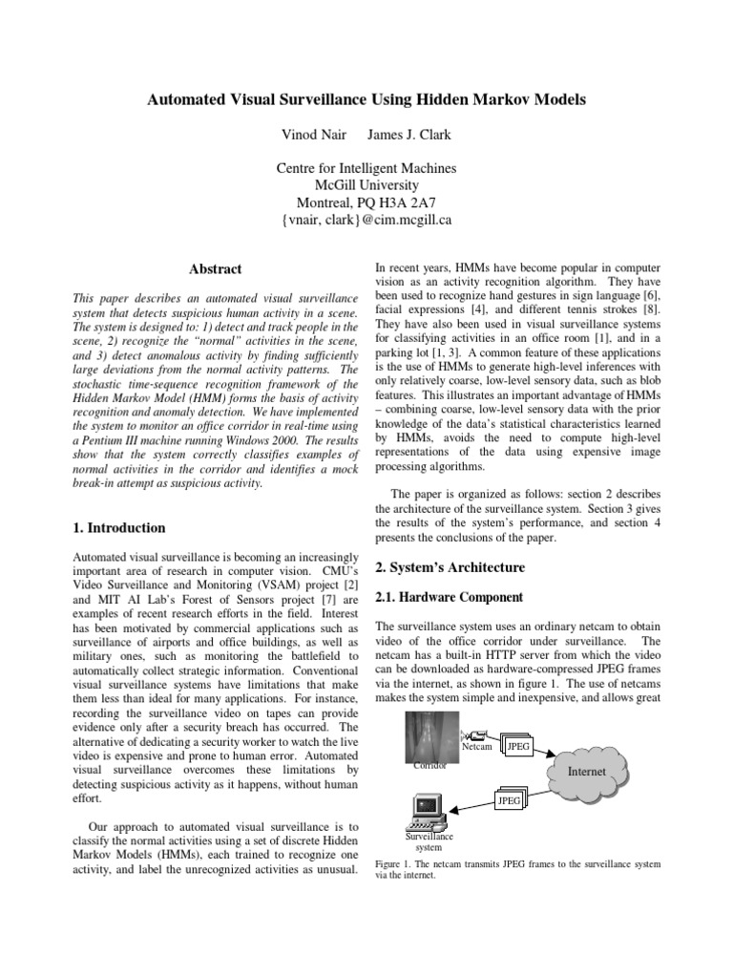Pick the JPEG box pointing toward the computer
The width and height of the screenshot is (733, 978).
(x=509, y=800)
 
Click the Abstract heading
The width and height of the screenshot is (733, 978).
(x=216, y=269)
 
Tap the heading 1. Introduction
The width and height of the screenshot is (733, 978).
(x=119, y=527)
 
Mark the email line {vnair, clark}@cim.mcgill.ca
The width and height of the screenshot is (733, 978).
(x=366, y=220)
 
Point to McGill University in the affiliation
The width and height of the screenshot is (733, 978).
(x=366, y=185)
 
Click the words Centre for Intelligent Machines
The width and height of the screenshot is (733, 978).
(x=366, y=168)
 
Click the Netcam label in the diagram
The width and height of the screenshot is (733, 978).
(x=476, y=746)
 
